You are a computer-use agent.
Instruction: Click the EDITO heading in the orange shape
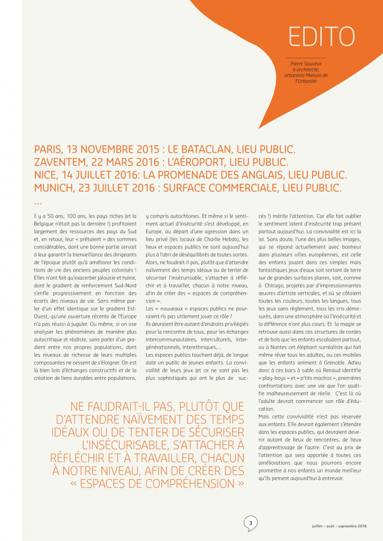coord(322,36)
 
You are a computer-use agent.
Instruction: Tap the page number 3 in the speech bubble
coord(250,522)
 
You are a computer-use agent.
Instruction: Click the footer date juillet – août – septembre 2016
coord(339,526)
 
